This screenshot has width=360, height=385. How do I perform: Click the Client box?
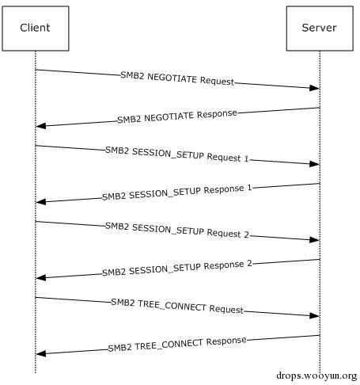tap(36, 29)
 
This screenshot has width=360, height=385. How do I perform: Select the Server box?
tap(320, 29)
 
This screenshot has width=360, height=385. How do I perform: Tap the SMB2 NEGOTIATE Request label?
tap(177, 78)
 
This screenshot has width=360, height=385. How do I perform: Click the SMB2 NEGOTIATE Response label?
tap(177, 116)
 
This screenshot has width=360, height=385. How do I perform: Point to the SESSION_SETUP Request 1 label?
tap(177, 154)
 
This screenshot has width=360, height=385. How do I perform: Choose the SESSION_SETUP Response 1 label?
tap(177, 192)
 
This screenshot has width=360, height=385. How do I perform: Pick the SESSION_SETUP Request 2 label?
tap(177, 231)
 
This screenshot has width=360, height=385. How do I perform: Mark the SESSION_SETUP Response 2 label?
tap(177, 269)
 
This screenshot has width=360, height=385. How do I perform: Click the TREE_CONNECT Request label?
tap(177, 307)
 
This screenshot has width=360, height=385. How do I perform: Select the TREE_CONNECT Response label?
tap(177, 345)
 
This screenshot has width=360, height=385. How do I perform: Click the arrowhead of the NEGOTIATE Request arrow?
tap(315, 88)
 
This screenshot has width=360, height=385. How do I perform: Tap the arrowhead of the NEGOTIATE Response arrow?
tap(40, 126)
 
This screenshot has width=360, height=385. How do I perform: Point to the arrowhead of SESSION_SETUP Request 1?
tap(315, 164)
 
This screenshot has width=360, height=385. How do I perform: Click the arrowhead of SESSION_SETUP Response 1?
tap(40, 202)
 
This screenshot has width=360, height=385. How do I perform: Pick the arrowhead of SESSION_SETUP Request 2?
tap(315, 240)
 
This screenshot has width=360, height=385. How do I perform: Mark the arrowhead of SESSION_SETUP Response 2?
tap(40, 278)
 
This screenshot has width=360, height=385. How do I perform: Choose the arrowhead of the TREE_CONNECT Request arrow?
tap(315, 316)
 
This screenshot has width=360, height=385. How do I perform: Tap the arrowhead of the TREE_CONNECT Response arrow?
tap(40, 354)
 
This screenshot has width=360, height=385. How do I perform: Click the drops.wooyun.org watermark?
tap(316, 375)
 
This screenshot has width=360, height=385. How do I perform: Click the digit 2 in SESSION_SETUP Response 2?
tap(249, 263)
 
